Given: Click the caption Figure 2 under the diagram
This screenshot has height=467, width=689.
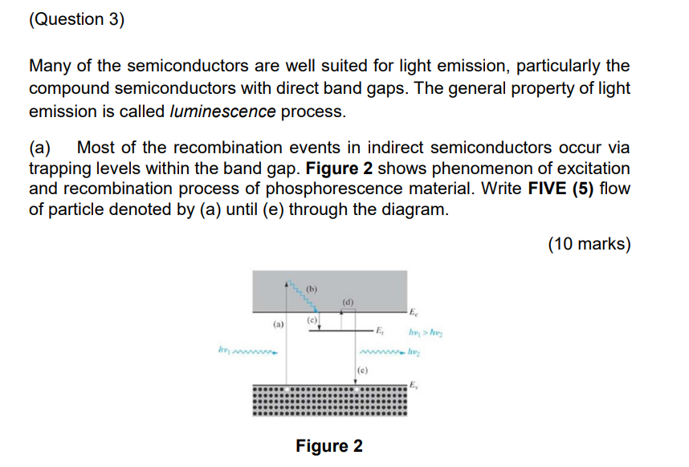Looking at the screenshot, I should (329, 445).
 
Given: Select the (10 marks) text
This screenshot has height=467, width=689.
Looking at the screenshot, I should (589, 245).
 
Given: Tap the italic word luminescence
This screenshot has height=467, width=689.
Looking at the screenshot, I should (222, 112).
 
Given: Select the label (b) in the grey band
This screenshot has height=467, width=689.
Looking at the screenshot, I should (312, 287).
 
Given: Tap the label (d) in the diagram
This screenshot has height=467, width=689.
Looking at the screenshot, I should (347, 302).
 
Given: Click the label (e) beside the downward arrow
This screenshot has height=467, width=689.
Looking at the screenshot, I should (361, 371).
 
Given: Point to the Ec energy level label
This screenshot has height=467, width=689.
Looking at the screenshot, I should (413, 312).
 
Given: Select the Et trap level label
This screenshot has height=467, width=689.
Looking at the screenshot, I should (382, 330).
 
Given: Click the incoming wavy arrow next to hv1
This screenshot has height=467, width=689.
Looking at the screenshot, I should (255, 351).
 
